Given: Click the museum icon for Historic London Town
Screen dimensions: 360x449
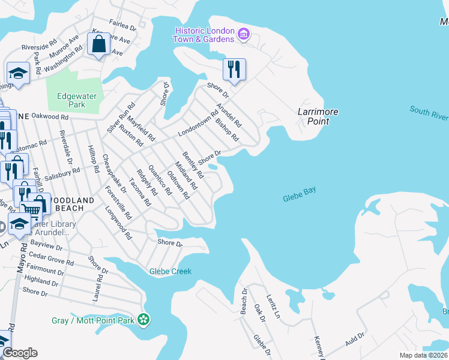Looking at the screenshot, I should (243, 34).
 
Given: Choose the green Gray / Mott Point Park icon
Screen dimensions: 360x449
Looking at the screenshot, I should (143, 320).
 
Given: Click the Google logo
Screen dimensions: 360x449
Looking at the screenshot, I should (19, 353).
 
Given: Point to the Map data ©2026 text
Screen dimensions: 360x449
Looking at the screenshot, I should (424, 355).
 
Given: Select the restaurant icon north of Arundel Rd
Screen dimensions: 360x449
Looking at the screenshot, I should (233, 69).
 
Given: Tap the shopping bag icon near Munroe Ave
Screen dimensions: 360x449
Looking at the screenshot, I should (97, 44).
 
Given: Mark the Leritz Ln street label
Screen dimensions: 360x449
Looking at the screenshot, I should (274, 307).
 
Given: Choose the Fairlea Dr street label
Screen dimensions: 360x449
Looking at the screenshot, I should (124, 26).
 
